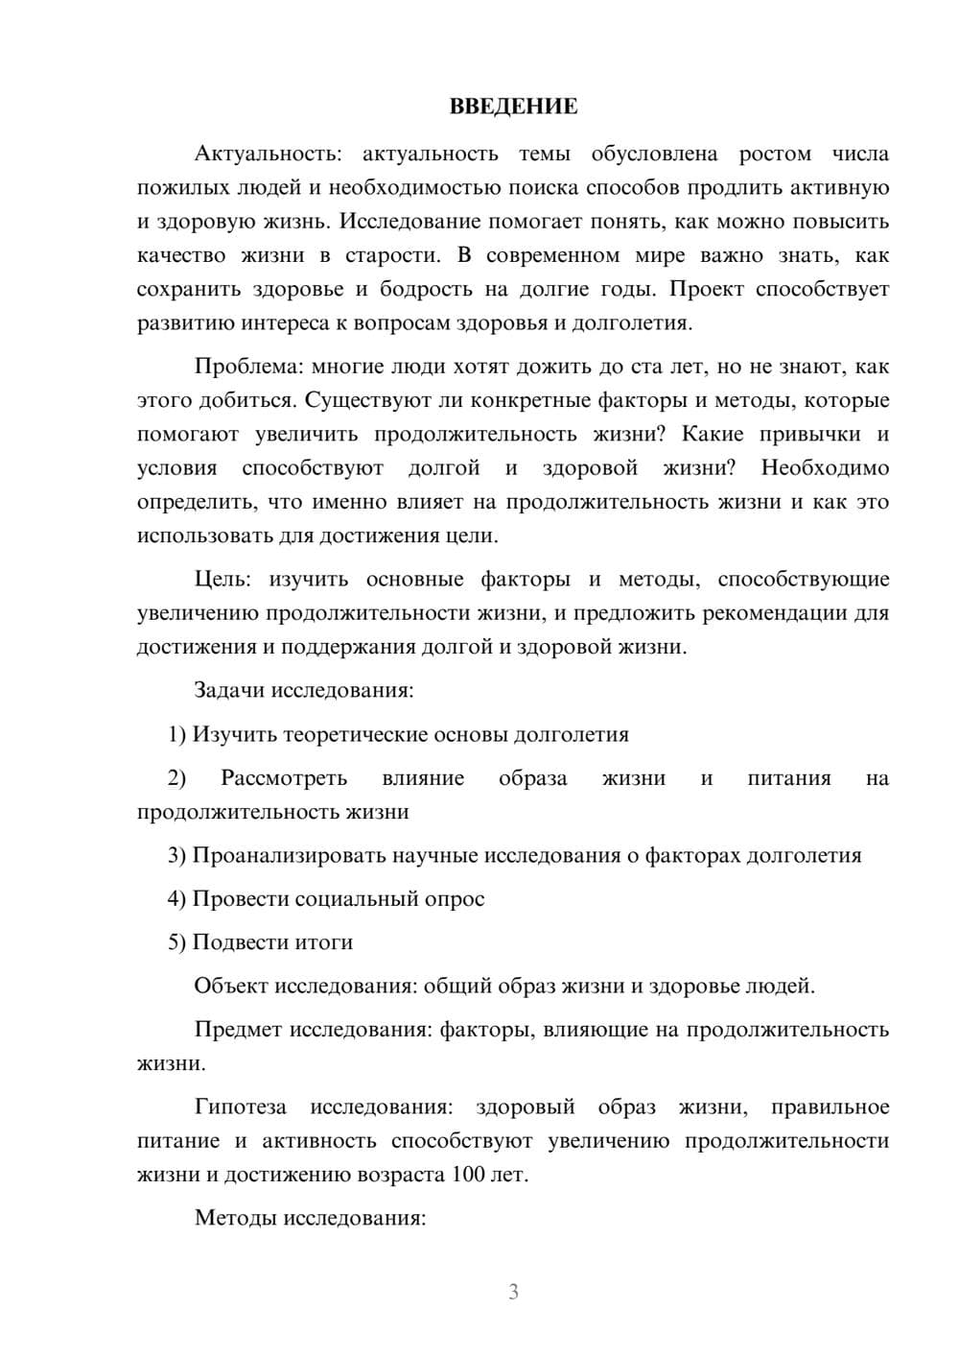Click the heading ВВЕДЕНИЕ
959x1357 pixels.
coord(513,107)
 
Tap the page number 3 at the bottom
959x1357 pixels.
coord(513,1292)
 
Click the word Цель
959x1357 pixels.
coord(222,580)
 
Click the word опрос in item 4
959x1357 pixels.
coord(455,899)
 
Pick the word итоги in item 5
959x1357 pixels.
coord(327,942)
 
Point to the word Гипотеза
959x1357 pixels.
coord(240,1107)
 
